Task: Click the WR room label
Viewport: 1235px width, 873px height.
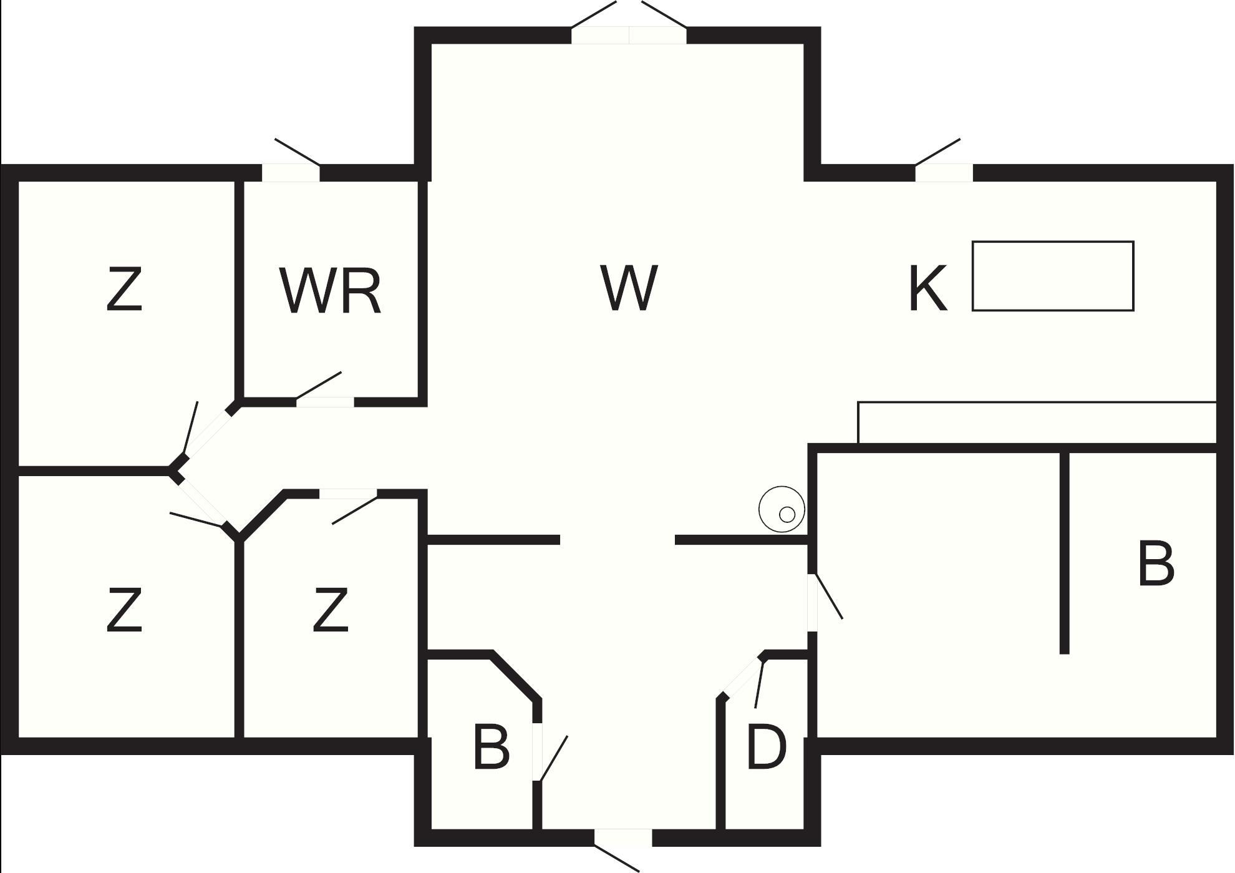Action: click(330, 291)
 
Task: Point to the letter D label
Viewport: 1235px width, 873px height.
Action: click(766, 746)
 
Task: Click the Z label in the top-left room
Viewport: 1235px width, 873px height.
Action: click(125, 288)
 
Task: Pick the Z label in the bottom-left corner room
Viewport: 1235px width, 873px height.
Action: click(125, 610)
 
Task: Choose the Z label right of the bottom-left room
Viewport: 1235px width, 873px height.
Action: click(330, 610)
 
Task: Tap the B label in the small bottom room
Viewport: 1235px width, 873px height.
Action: click(492, 746)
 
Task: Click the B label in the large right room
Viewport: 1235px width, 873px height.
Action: click(1156, 564)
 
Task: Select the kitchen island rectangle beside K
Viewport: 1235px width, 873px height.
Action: click(1053, 276)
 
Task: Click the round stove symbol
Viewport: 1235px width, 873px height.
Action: click(782, 509)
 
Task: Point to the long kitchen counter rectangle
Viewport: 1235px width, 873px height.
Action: click(1037, 422)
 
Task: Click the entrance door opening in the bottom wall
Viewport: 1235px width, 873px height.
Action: click(622, 838)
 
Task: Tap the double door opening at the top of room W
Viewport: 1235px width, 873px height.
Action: click(629, 36)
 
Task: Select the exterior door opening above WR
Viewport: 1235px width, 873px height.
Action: click(291, 173)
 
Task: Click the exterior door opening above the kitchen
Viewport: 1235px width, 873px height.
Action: click(944, 173)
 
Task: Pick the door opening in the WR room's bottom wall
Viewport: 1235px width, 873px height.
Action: click(325, 402)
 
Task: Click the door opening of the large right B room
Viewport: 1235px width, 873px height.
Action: click(812, 603)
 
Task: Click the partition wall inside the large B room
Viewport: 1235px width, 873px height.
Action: click(1065, 553)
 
